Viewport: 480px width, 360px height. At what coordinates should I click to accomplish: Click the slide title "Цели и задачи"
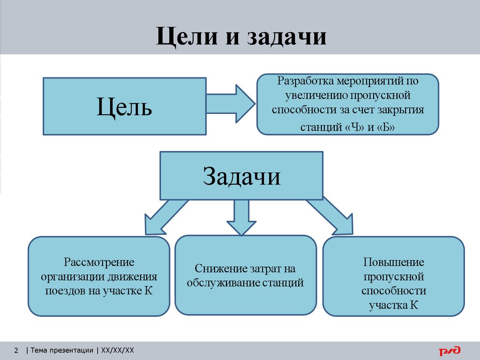(241, 36)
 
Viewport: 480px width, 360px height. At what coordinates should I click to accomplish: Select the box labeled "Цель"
(124, 106)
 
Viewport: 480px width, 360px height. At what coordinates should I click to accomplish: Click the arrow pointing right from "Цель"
(231, 103)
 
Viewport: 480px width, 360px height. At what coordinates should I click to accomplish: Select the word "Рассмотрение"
(99, 262)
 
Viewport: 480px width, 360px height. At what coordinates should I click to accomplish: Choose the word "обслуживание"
(217, 283)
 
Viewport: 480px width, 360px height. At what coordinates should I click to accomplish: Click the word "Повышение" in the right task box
(394, 262)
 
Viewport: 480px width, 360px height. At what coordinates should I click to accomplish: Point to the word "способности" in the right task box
(394, 291)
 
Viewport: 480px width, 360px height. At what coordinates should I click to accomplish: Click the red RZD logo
(450, 350)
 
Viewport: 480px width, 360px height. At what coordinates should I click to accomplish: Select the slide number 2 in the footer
(16, 350)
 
